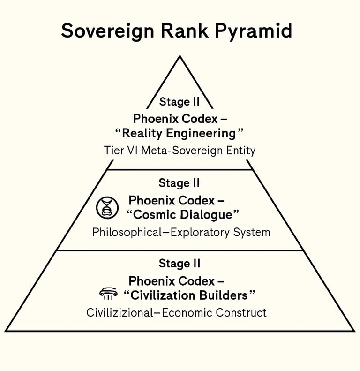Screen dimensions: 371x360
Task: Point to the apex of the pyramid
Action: (180, 56)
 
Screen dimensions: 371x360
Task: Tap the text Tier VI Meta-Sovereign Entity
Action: (180, 151)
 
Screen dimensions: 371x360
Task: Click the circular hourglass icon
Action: (107, 207)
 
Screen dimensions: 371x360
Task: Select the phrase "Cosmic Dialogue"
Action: (183, 215)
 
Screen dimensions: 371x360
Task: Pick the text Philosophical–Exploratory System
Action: (181, 232)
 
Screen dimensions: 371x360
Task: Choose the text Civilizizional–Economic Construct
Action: (176, 312)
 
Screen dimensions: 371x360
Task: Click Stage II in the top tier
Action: (180, 101)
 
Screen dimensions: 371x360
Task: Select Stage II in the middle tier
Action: (180, 182)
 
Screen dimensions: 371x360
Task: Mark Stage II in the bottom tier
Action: (180, 263)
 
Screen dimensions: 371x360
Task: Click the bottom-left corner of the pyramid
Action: (6, 331)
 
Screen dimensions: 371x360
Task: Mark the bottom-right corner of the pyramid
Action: (354, 331)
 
